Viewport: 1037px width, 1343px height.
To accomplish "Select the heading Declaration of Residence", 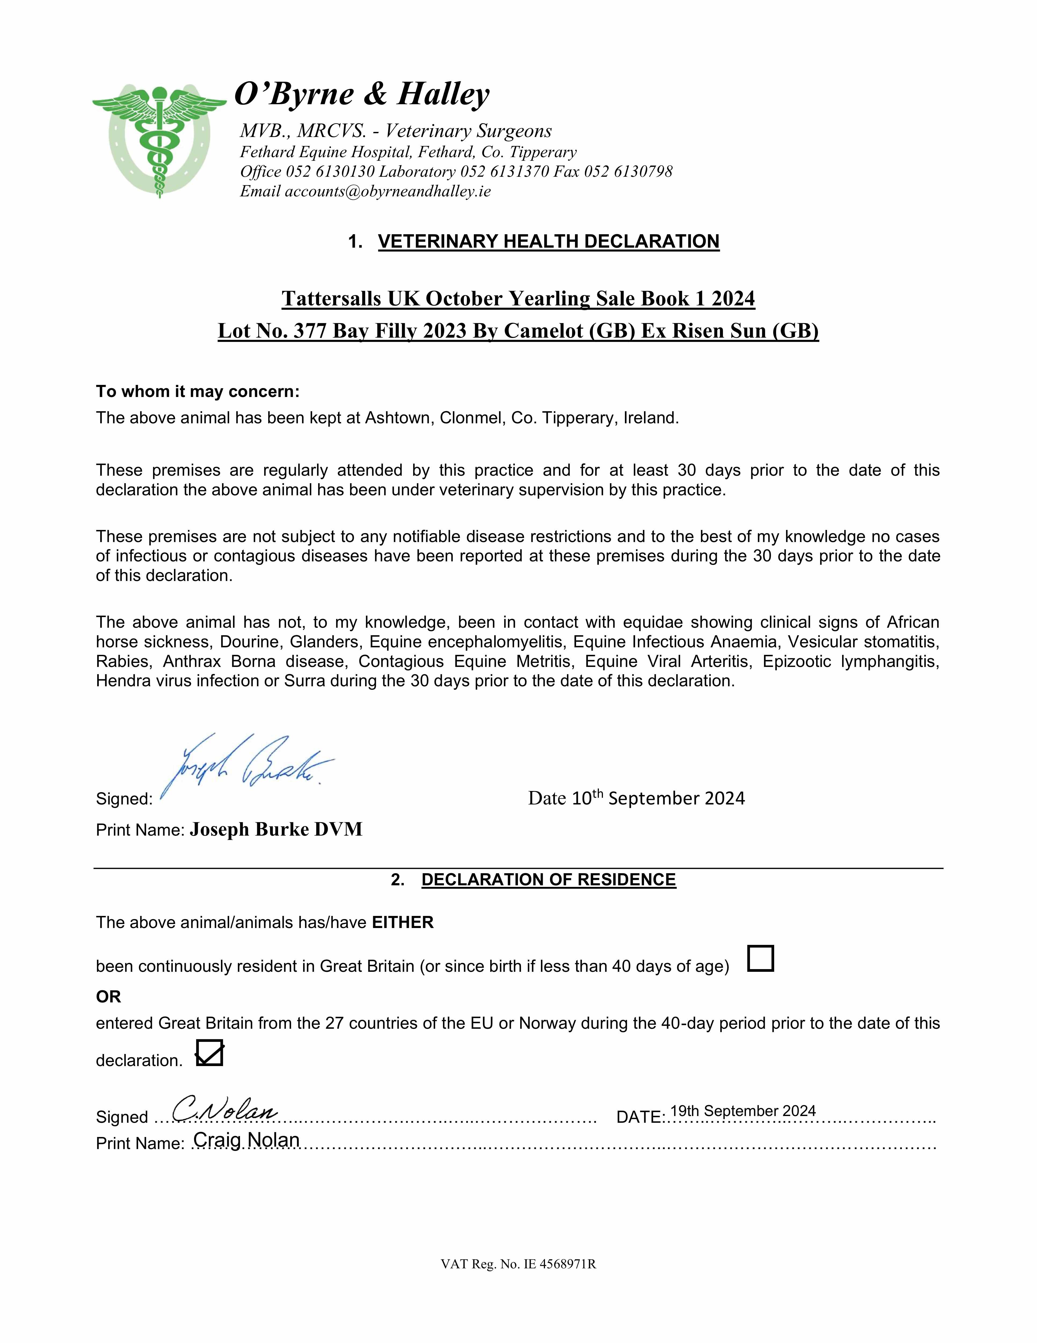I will pos(548,880).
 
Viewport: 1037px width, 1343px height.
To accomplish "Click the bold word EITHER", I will pos(403,922).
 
